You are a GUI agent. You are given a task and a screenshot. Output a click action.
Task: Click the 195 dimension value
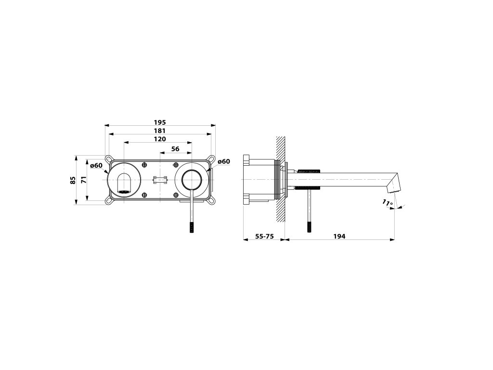[160, 122]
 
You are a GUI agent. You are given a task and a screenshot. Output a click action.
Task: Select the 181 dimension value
[160, 131]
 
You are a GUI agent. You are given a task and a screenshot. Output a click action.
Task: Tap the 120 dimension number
[160, 139]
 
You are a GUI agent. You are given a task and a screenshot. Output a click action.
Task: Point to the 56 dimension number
[175, 149]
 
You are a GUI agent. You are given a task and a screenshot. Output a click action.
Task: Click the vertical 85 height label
[73, 180]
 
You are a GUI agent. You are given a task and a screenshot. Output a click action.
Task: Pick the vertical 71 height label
[84, 180]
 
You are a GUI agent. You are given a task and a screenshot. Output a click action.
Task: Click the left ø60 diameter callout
[96, 165]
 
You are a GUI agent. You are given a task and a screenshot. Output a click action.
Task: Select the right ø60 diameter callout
[224, 161]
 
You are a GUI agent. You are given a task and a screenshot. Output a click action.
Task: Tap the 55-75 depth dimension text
[264, 236]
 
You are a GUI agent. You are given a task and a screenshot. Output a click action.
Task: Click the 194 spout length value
[339, 236]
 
